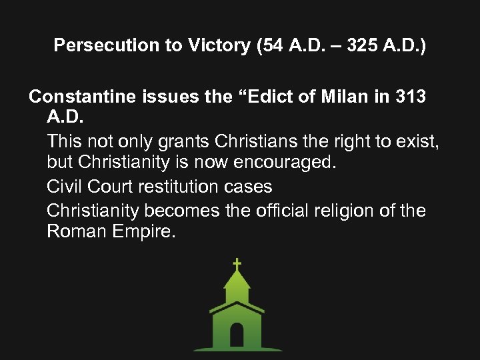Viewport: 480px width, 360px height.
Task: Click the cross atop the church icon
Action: [237, 265]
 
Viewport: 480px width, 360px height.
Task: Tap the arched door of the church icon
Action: [237, 334]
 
